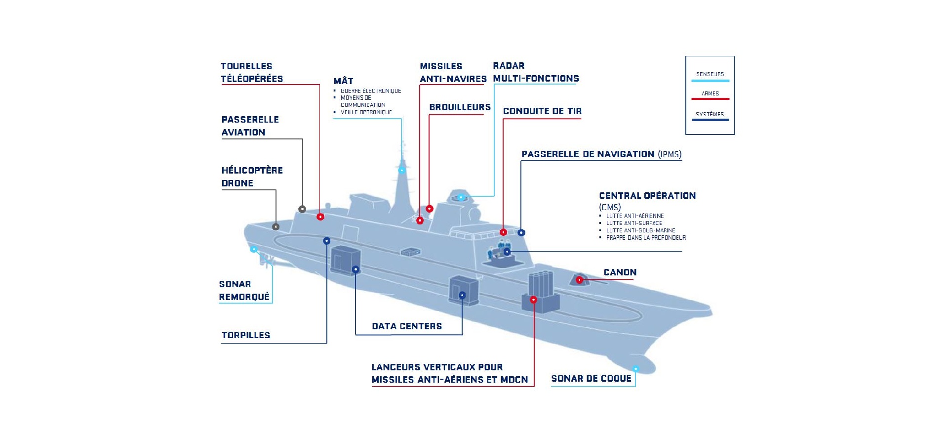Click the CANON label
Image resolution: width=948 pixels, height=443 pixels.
click(620, 272)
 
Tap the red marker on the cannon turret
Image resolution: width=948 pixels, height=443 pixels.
click(580, 280)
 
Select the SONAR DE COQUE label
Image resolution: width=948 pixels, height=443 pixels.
click(591, 379)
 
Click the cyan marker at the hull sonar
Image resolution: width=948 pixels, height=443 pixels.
click(635, 369)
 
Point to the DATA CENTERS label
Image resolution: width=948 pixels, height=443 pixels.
click(407, 326)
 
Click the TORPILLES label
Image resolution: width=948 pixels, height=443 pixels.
click(246, 335)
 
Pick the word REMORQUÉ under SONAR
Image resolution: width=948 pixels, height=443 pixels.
click(244, 297)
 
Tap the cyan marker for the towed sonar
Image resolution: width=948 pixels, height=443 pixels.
click(254, 249)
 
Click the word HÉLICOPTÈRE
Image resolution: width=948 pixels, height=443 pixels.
click(252, 171)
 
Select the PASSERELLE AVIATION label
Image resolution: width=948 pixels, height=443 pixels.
click(250, 126)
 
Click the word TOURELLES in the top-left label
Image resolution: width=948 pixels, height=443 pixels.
click(246, 66)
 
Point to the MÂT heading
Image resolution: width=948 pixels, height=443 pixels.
click(343, 81)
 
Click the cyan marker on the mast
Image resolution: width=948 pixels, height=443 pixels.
click(402, 171)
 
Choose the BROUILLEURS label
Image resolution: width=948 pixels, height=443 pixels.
click(460, 107)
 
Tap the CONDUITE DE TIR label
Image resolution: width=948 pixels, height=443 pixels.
click(542, 111)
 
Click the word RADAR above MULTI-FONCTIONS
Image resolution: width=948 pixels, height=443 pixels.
click(509, 66)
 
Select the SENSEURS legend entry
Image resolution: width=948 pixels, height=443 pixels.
click(710, 75)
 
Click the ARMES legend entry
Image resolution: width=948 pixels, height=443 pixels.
click(710, 93)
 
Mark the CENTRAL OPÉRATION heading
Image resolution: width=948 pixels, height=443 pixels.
click(647, 196)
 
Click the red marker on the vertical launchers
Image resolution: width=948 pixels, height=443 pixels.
click(534, 300)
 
